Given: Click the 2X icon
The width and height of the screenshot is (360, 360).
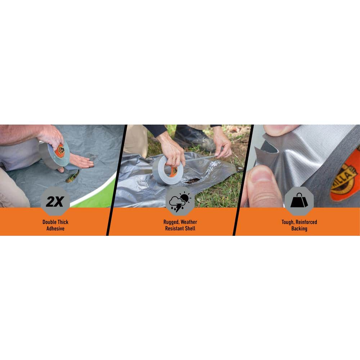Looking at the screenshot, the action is coord(55,201).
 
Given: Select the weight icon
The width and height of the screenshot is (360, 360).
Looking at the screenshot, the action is coord(299,201).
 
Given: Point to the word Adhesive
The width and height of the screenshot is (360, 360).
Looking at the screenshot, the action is coord(55,229).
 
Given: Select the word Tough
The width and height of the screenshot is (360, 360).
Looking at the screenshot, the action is coord(288,222).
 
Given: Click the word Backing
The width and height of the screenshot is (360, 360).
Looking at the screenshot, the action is coord(299,229).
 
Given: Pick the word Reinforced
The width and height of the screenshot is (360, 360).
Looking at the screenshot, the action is coord(306,222).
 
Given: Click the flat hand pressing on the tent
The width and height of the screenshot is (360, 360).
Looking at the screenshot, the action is coord(81,161).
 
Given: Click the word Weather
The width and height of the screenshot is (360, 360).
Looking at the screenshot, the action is coord(189,222).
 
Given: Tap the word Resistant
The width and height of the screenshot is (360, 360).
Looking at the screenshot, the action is coord(174,229).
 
